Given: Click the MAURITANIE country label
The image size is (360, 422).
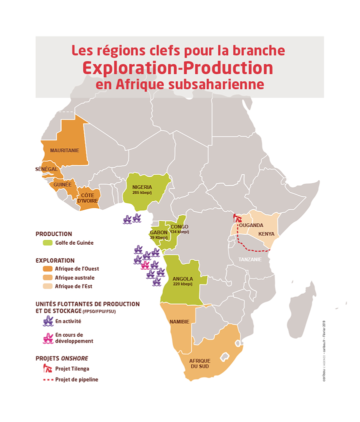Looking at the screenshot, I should [64, 150].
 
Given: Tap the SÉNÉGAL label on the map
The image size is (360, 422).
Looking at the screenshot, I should [47, 169].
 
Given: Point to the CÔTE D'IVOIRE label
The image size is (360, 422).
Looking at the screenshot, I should [87, 198].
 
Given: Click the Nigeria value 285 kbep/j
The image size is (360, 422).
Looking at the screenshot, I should [142, 192].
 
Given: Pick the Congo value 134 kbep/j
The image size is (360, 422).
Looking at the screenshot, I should [179, 232].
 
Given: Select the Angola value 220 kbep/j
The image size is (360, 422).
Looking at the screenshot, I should [182, 284].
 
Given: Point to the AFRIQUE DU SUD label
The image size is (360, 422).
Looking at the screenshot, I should [200, 364].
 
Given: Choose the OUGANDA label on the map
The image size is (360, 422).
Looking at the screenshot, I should [251, 225].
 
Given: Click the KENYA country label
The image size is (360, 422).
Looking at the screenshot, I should [266, 234].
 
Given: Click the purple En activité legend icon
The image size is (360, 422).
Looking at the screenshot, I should [48, 321].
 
